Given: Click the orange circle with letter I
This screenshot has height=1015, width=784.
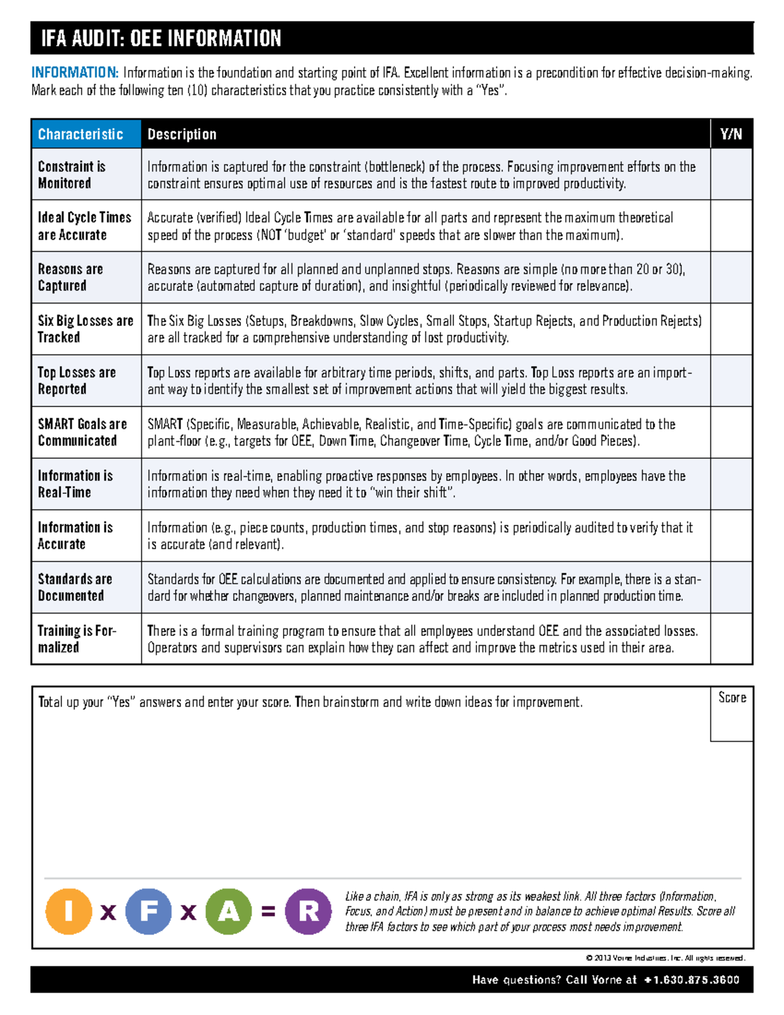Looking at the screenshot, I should point(69,911).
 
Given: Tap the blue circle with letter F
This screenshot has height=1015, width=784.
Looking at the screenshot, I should point(148,911).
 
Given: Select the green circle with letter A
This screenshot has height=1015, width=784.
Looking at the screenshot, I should point(229,911).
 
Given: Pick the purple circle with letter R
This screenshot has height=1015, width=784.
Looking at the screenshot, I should point(308,911).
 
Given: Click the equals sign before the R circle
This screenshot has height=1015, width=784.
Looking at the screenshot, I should point(268,911).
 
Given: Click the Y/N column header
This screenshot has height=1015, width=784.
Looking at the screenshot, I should point(731,134).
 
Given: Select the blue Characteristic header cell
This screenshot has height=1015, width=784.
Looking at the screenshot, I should point(86,134).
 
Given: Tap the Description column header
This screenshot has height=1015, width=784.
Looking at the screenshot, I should point(182,134).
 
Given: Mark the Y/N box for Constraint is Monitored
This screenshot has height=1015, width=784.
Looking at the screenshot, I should point(731,175).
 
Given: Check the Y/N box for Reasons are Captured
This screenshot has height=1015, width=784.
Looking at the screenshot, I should point(731,277).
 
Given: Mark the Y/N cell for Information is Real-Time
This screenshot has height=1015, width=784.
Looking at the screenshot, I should point(731,484).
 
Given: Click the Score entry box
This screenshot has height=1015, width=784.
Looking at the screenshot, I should point(732,721).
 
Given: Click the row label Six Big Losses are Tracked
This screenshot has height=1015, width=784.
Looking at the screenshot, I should point(85,329).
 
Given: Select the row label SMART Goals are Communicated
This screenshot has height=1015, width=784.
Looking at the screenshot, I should point(82,432).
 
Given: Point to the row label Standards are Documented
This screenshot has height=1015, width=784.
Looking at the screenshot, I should point(74,587).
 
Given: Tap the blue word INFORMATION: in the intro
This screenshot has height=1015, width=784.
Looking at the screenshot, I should point(74,73).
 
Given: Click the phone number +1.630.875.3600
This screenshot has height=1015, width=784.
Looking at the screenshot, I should point(691,980).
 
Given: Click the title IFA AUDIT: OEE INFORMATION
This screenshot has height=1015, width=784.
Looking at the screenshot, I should point(161,38).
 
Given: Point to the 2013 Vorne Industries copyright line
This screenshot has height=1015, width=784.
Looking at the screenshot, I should point(665,958).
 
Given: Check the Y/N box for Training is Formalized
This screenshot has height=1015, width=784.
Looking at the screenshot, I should point(731,639).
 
